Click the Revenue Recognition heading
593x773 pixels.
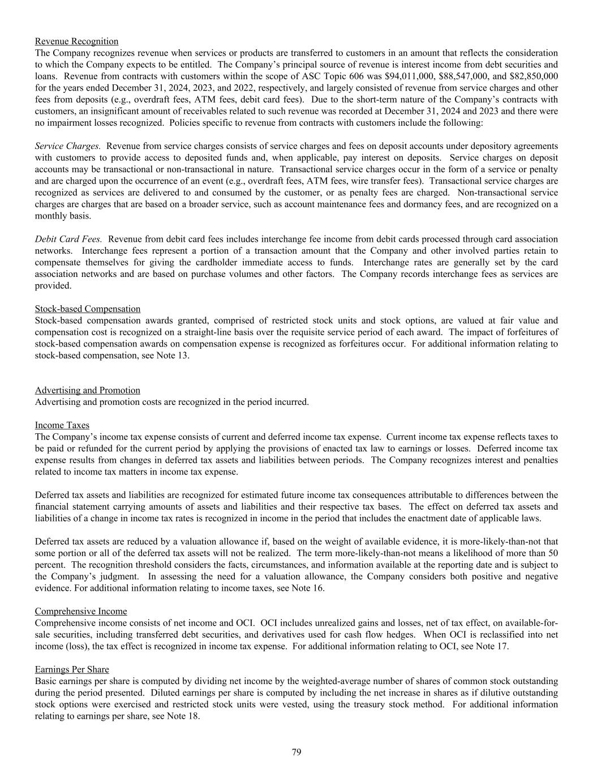[76, 41]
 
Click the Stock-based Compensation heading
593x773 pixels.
[88, 309]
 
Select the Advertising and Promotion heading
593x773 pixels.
[88, 390]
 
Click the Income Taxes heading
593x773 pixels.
[62, 425]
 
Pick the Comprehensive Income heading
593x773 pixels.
[81, 611]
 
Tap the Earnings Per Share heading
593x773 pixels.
[72, 669]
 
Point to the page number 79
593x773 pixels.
[296, 752]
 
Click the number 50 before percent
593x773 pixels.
[552, 553]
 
